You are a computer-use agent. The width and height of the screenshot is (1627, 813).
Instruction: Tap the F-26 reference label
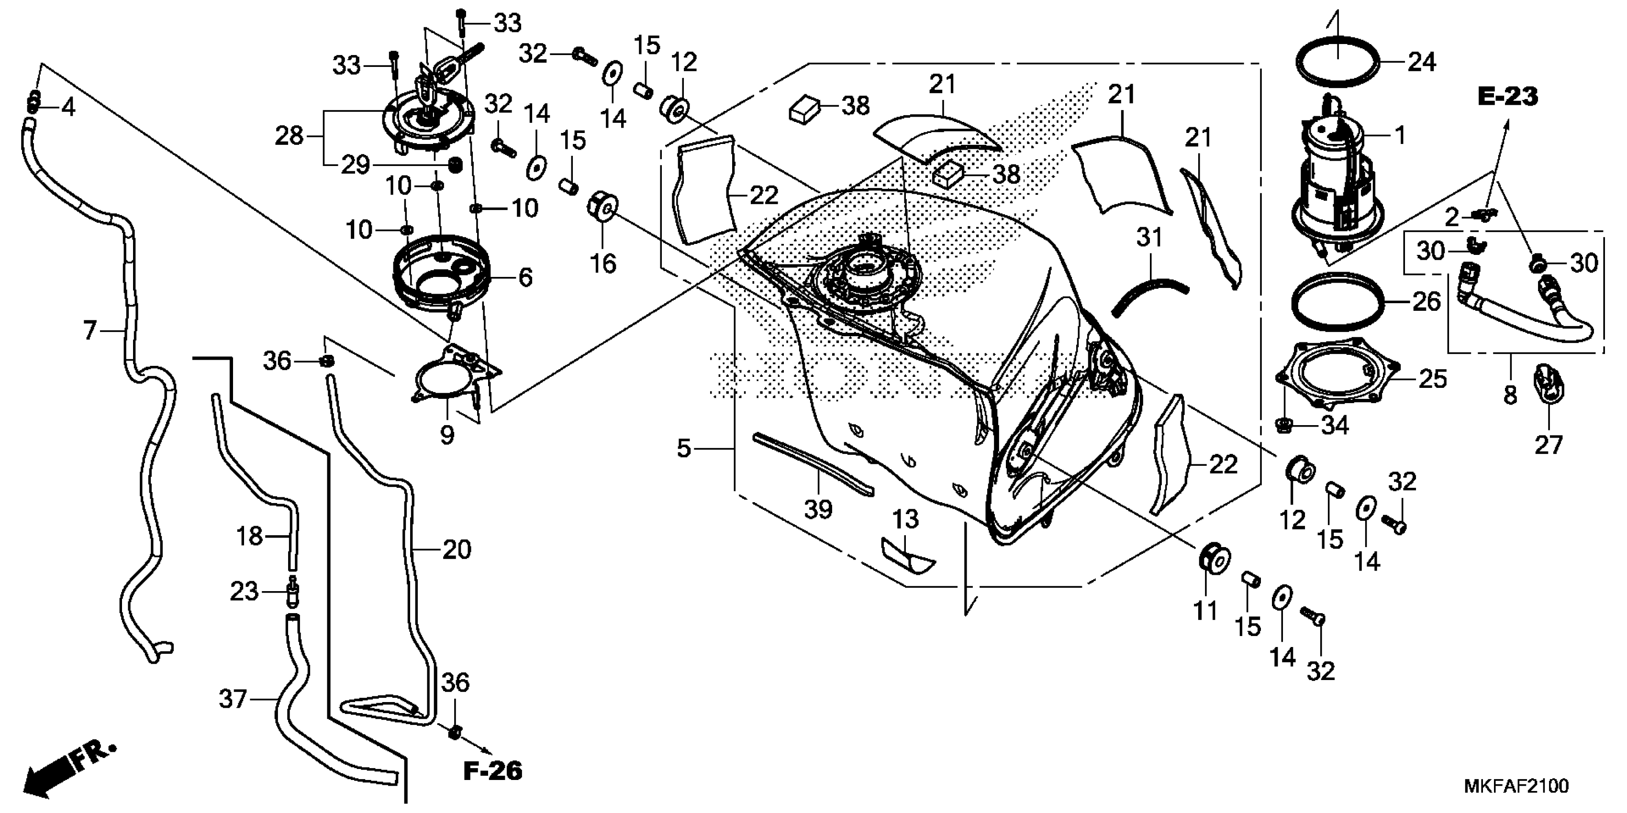point(493,771)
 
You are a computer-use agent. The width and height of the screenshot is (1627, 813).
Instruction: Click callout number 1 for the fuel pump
point(1400,134)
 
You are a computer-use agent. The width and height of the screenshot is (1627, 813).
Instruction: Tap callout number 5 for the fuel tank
point(684,449)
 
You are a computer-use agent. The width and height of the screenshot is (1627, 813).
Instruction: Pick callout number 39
point(818,509)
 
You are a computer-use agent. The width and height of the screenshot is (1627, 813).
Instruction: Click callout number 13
point(906,519)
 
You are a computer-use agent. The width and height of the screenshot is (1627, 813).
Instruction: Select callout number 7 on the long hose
point(89,330)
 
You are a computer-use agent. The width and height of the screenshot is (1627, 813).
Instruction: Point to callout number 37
point(233,699)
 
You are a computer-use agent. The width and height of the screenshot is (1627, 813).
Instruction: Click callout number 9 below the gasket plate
point(447,435)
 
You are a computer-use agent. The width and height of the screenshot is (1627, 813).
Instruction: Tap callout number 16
point(602,263)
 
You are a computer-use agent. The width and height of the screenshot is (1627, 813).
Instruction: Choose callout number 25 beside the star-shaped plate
point(1432,379)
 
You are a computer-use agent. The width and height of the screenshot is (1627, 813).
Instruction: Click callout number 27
point(1548,446)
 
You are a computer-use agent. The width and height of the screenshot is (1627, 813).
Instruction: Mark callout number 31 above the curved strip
point(1149,238)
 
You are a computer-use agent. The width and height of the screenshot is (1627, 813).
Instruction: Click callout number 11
point(1205,611)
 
